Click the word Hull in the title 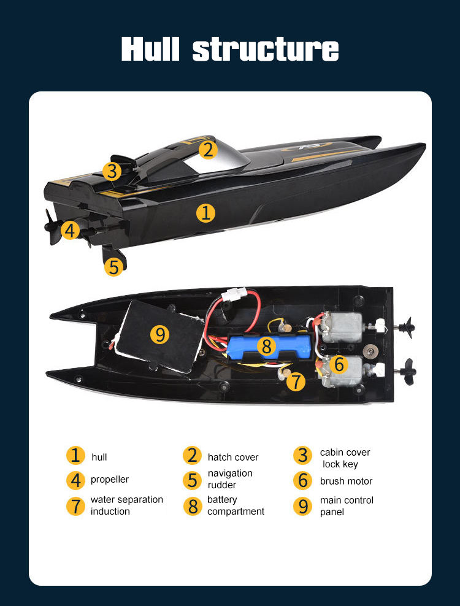(x=151, y=49)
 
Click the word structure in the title (x=265, y=49)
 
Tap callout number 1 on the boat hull (x=206, y=213)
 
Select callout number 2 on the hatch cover (x=209, y=150)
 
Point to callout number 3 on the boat (x=112, y=171)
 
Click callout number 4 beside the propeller (x=71, y=230)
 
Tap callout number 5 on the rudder (x=113, y=267)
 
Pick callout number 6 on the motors (x=339, y=364)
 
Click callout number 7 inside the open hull (x=296, y=382)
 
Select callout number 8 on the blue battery (x=266, y=346)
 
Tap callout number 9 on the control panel (x=160, y=334)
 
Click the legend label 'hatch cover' (x=233, y=457)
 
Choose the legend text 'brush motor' (x=346, y=481)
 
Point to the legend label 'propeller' (x=110, y=479)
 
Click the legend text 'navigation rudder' (x=230, y=479)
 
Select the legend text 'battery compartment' (x=236, y=505)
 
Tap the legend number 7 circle (x=75, y=506)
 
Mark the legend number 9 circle (x=303, y=506)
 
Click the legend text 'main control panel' (x=347, y=506)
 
